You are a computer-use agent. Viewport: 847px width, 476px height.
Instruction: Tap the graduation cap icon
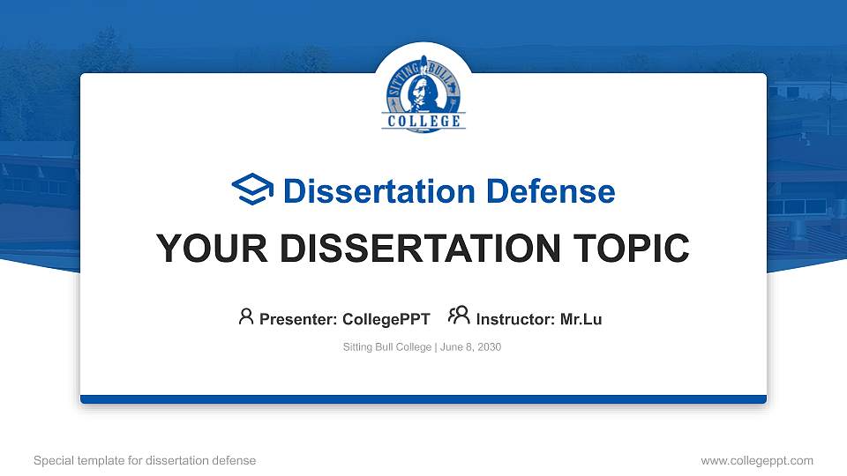[252, 190]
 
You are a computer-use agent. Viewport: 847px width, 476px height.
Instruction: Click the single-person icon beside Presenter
[246, 316]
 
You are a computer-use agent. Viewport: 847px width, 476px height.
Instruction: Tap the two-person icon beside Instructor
[459, 316]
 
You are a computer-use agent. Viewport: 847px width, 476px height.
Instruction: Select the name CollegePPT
[386, 319]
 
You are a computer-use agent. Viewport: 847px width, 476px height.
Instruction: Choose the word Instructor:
[515, 319]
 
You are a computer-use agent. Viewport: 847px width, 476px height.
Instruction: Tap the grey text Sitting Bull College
[386, 347]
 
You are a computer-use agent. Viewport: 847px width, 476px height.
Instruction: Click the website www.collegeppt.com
[757, 460]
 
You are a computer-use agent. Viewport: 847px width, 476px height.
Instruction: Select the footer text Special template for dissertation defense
[145, 460]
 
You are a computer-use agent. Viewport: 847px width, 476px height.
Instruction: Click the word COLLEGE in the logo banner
[423, 121]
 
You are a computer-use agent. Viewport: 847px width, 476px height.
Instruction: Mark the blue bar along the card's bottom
[423, 399]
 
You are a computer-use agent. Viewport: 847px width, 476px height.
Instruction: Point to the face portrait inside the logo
[425, 88]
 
